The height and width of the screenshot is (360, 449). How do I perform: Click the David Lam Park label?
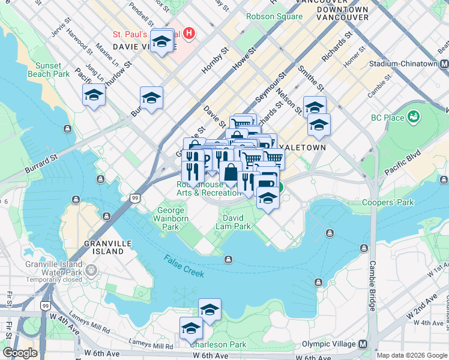[x=234, y=222]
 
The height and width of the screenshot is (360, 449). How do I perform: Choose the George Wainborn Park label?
[x=172, y=218]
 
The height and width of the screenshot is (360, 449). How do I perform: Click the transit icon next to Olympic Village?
[x=363, y=344]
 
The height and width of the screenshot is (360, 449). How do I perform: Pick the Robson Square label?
[x=274, y=16]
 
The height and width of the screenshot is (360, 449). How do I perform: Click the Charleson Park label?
[x=218, y=344]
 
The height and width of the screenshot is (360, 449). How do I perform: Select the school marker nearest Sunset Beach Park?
[x=94, y=96]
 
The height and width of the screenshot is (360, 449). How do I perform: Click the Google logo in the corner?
[x=20, y=353]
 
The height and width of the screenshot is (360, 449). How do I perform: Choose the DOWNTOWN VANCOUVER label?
[x=342, y=14]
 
